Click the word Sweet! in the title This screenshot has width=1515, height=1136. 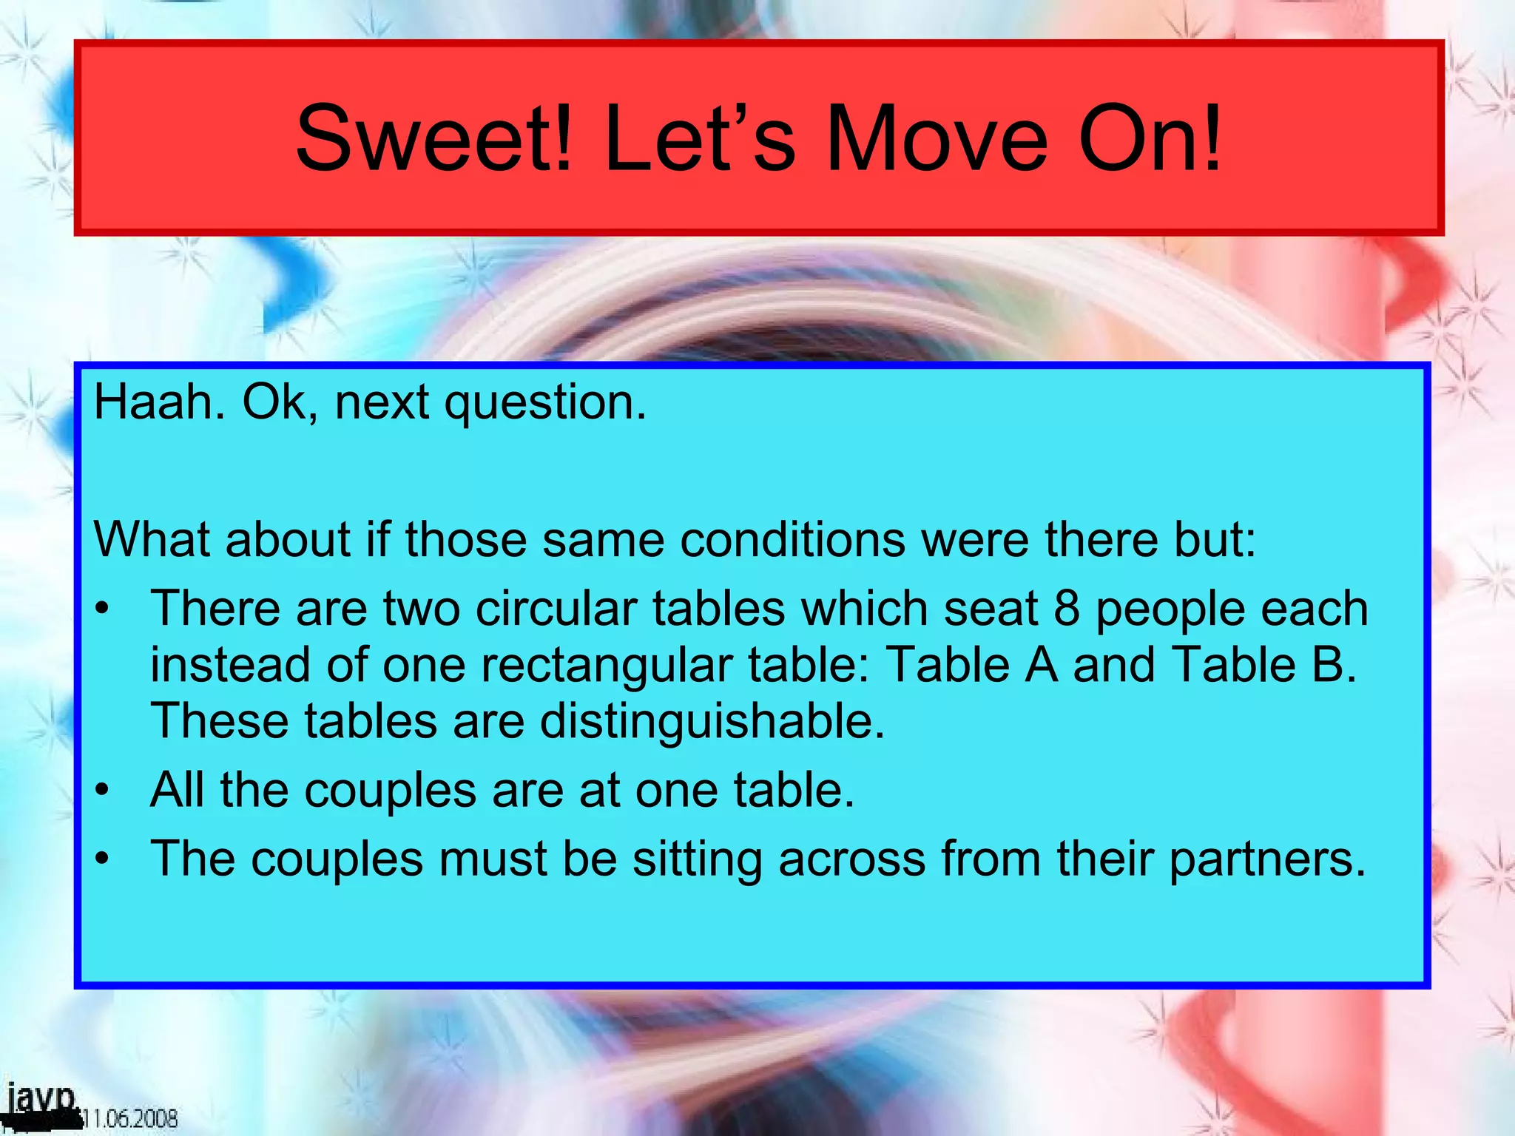tap(434, 138)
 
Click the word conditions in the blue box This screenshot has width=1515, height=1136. tap(792, 540)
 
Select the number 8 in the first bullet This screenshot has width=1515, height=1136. tap(1066, 609)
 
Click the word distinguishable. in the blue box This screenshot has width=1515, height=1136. tap(712, 721)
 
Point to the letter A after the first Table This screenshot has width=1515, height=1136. tap(1042, 664)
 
